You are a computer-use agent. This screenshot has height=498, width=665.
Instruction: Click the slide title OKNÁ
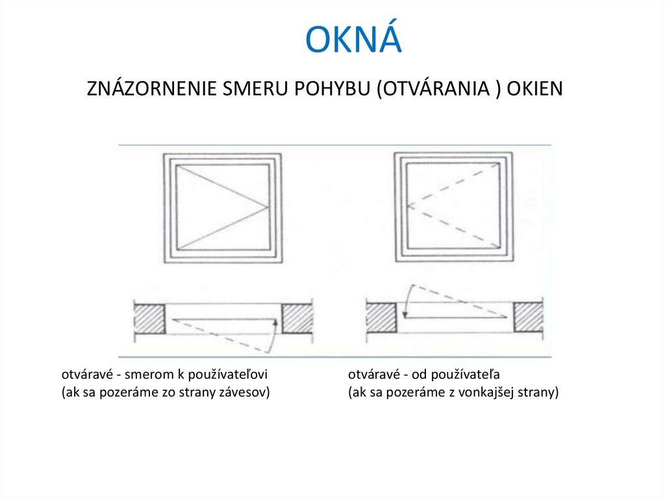click(354, 40)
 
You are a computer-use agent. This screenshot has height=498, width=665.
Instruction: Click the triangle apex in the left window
click(268, 208)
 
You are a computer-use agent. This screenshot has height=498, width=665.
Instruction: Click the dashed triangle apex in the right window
click(407, 207)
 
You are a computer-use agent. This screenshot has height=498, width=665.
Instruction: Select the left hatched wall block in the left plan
click(149, 319)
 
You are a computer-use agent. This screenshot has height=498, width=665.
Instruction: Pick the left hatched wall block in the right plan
click(381, 318)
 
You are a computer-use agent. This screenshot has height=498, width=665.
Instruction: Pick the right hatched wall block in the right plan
click(529, 318)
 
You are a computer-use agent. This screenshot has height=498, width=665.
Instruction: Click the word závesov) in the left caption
click(247, 393)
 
